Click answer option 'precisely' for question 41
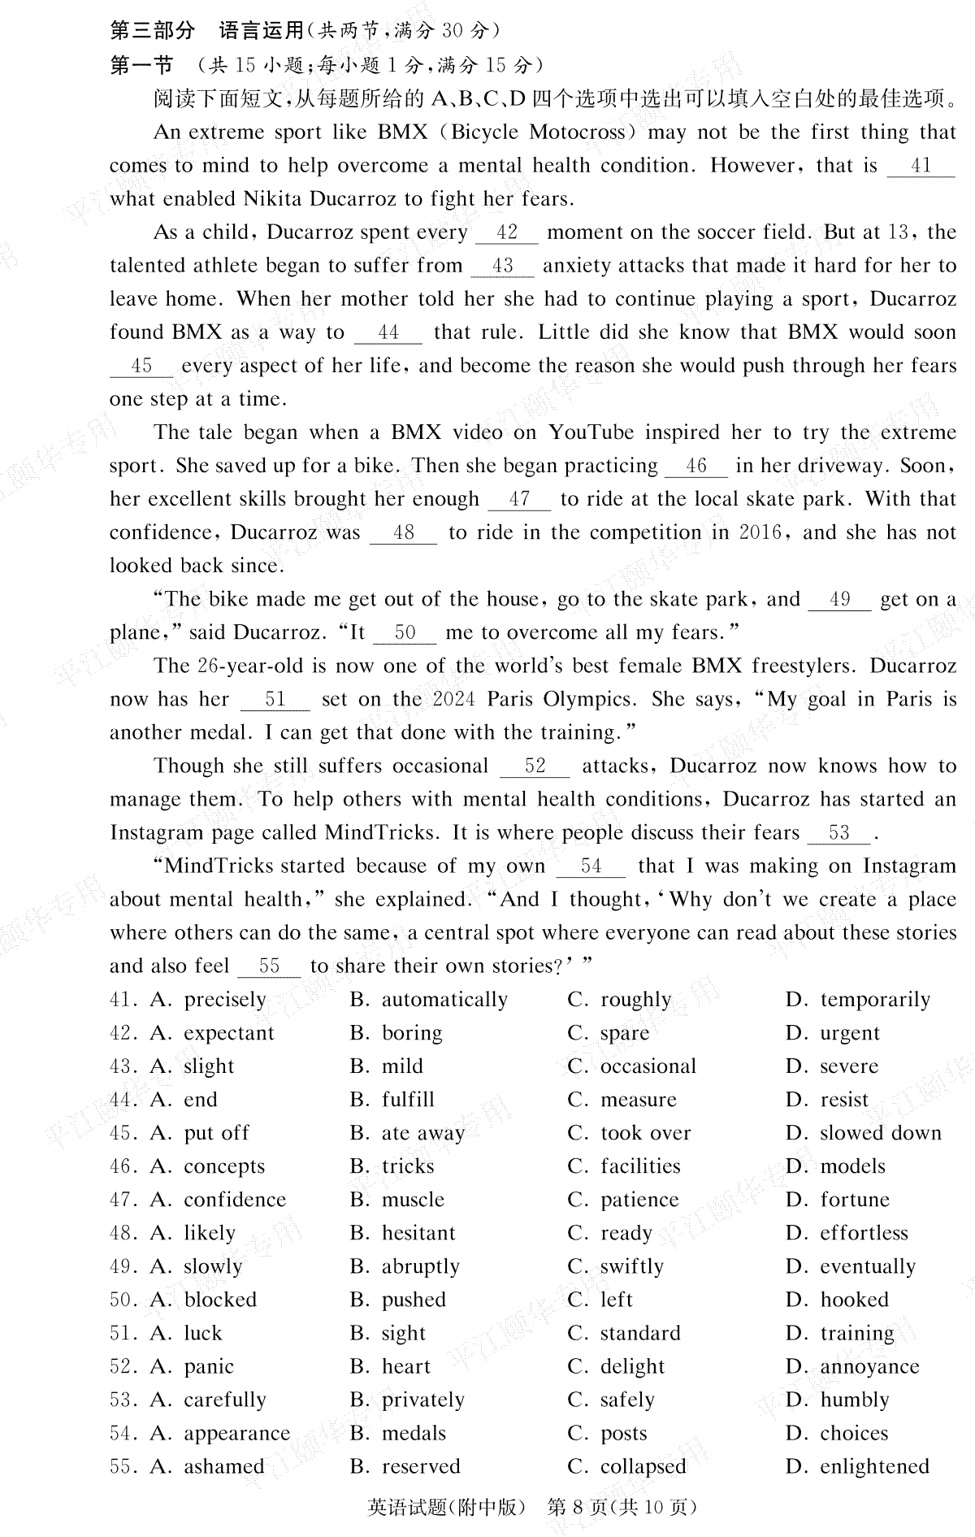tap(225, 1000)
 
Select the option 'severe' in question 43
tap(849, 1066)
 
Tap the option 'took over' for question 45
tap(645, 1133)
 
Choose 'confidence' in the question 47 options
tap(235, 1200)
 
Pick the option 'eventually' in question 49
tap(868, 1266)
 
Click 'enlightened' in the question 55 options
tap(874, 1466)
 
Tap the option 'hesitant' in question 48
tap(418, 1233)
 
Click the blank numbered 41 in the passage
tap(921, 167)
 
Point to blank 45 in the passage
tap(141, 367)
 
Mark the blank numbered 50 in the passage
tap(405, 633)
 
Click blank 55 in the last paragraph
tap(269, 966)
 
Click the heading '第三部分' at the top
tap(153, 31)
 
